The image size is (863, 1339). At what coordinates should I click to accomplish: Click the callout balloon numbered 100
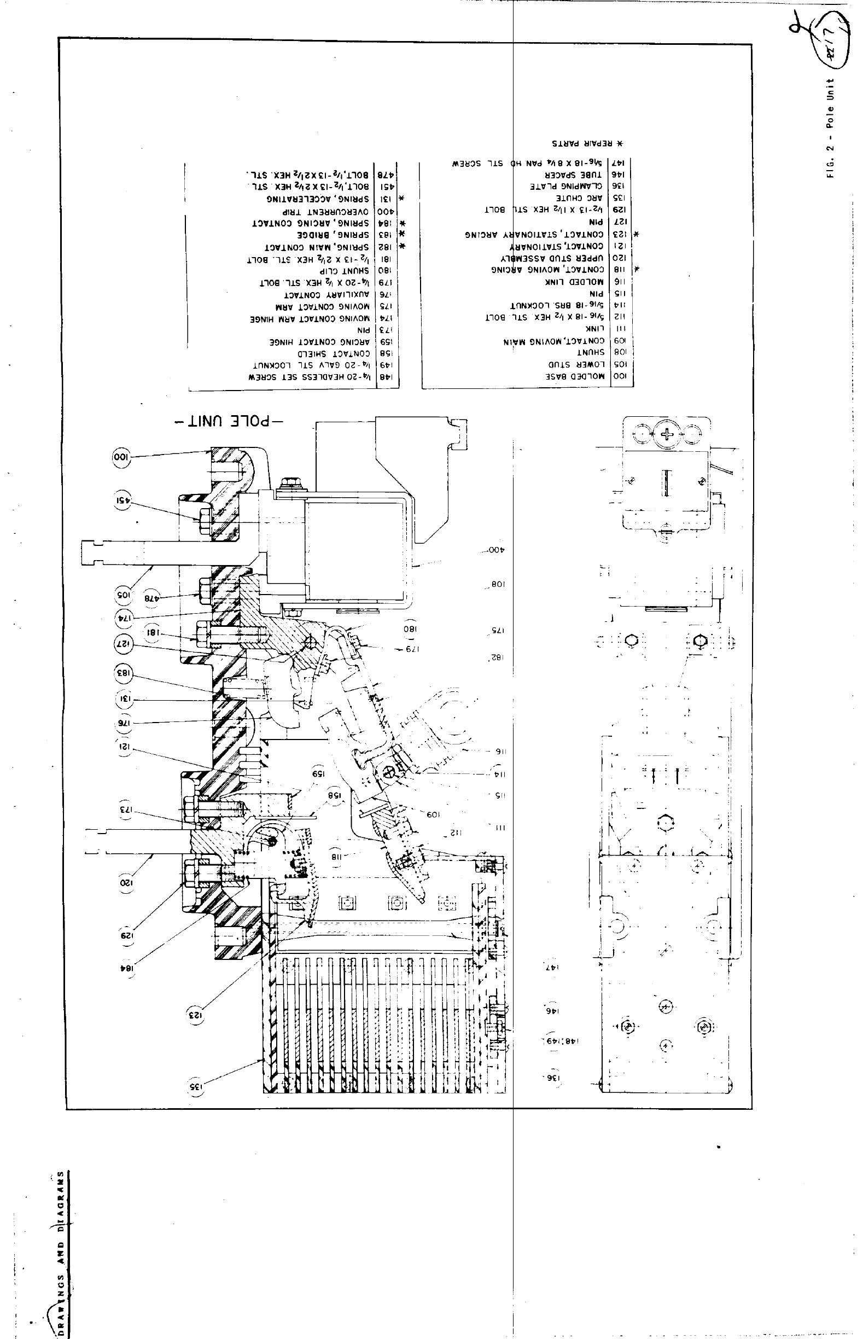coord(122,457)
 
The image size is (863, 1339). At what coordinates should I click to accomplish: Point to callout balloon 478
coord(151,598)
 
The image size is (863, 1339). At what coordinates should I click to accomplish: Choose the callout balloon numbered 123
coord(196,1015)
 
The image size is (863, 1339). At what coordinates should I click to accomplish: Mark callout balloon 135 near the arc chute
coord(196,1085)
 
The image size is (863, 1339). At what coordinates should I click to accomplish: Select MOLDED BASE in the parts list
coord(576,377)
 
